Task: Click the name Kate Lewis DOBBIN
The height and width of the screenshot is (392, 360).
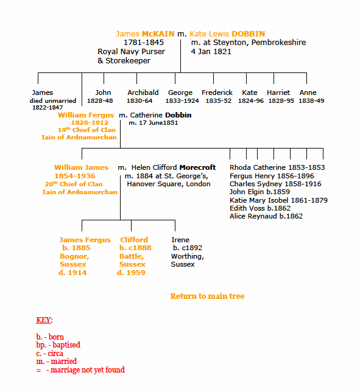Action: click(227, 34)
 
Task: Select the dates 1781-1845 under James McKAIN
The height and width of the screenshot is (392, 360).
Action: click(144, 43)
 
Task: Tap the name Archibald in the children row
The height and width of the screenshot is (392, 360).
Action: click(143, 93)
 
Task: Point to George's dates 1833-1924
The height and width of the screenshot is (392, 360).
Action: click(182, 101)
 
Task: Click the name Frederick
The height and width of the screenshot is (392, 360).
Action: click(217, 93)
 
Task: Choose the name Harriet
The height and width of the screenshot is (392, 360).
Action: click(278, 93)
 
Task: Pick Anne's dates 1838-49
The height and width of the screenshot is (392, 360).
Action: click(311, 101)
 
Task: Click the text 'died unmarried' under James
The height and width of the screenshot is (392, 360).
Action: click(53, 101)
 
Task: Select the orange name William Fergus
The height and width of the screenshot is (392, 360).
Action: click(86, 115)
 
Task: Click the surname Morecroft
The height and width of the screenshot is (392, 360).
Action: click(197, 167)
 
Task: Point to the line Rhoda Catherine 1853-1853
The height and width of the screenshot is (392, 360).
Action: click(277, 167)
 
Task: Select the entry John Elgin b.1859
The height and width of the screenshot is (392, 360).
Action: click(259, 192)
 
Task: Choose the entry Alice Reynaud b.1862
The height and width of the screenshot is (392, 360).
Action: click(266, 216)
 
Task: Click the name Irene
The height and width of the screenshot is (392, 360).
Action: click(180, 240)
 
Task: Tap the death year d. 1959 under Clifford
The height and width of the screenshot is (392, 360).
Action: click(131, 273)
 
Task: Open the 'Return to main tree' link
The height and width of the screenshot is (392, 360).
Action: click(207, 296)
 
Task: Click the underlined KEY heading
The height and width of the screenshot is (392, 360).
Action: click(43, 320)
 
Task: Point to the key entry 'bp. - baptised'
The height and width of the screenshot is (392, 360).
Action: click(58, 345)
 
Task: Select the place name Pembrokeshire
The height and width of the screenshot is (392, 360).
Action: click(278, 43)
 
